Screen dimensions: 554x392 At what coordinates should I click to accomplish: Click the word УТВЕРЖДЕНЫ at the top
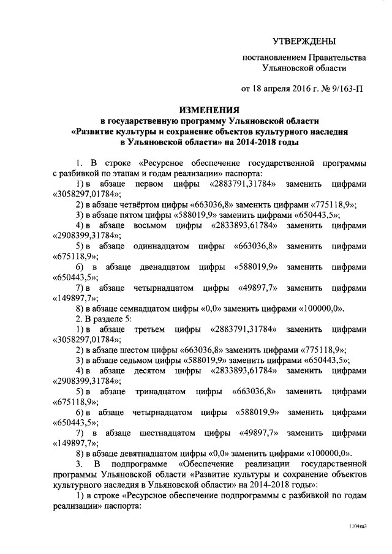pos(304,41)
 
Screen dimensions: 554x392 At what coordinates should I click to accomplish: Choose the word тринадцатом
pos(160,391)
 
